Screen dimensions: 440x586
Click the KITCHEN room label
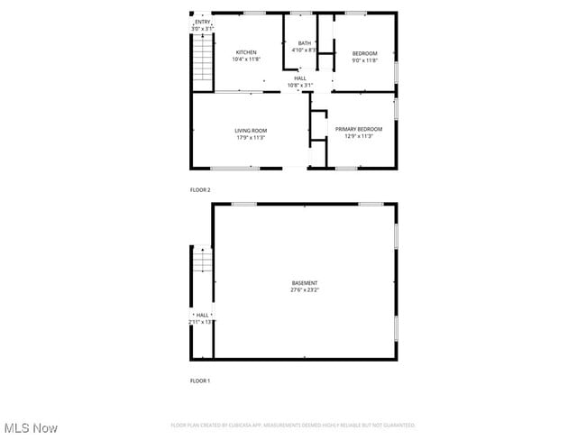[246, 52]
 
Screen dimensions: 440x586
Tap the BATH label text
[305, 43]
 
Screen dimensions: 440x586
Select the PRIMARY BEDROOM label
[358, 129]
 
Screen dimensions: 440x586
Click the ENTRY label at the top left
[203, 22]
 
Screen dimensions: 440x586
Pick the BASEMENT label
[304, 283]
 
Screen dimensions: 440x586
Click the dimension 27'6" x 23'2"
[304, 290]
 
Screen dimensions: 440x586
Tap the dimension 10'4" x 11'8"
[246, 60]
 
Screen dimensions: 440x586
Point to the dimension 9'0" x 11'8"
[364, 60]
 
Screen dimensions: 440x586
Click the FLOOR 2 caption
[200, 190]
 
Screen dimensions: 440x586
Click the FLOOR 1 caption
[200, 381]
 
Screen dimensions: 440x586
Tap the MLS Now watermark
[31, 427]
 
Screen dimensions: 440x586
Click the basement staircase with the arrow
[203, 260]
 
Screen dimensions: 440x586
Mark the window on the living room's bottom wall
[234, 169]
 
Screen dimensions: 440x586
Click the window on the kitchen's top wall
[254, 13]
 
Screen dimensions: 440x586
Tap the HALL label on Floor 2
[299, 78]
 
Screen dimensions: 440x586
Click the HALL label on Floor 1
[202, 315]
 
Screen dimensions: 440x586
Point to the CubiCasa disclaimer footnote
[293, 425]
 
